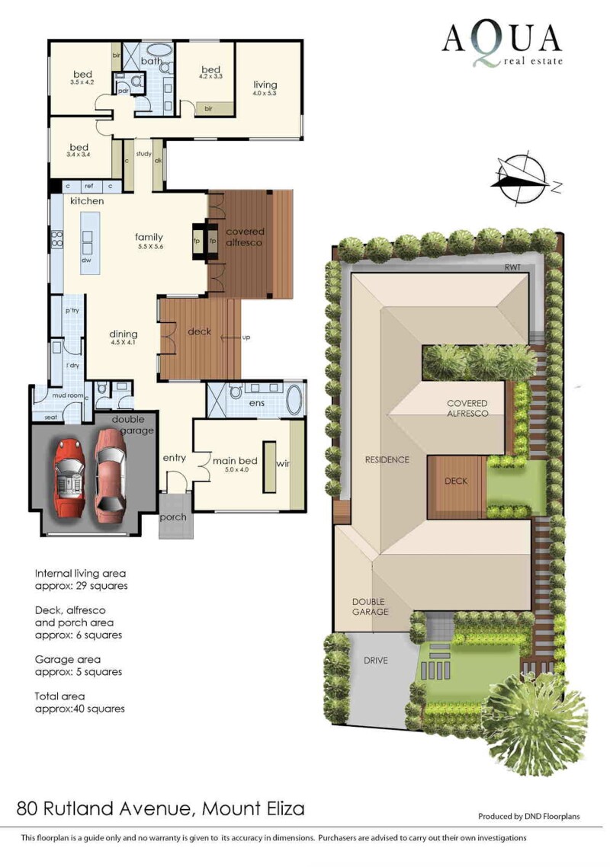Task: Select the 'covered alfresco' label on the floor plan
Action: pos(245,237)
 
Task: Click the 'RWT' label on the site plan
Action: pos(512,267)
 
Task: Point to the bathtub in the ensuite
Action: pos(294,400)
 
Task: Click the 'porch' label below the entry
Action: pos(172,517)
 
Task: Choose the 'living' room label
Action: pos(265,85)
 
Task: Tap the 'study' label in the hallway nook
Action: pos(144,154)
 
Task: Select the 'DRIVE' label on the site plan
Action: pos(376,661)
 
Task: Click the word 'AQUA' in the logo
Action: pos(502,40)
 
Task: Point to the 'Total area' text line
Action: pos(59,696)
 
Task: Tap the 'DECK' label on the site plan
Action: pos(456,481)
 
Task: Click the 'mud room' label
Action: pos(68,395)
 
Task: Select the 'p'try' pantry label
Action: pos(72,311)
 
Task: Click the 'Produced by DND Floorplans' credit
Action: pos(529,816)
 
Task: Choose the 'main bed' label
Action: pos(236,461)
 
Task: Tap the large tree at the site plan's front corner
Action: pos(536,721)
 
